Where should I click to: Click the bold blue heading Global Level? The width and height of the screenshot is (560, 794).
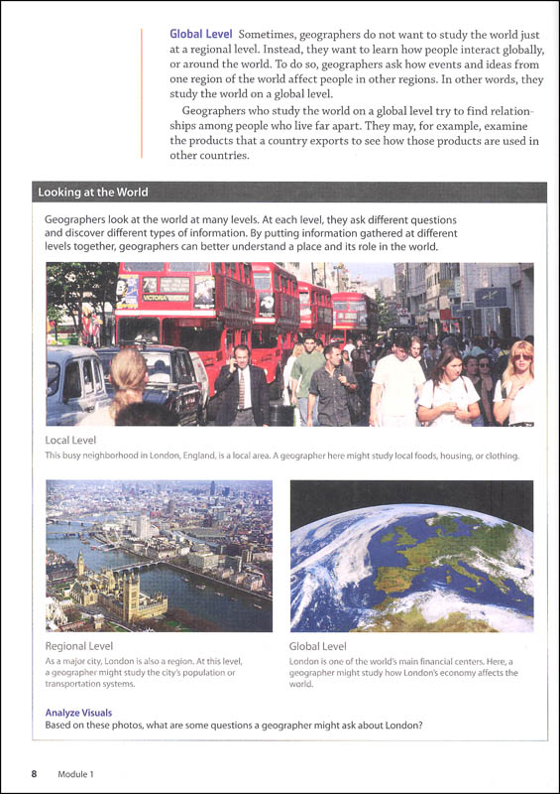point(201,34)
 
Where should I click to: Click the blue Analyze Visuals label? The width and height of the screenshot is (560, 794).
point(78,713)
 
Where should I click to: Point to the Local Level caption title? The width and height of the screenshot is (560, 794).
point(70,440)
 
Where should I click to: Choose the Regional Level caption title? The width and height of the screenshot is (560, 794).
point(80,645)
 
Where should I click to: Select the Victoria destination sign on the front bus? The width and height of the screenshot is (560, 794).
point(166,296)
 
